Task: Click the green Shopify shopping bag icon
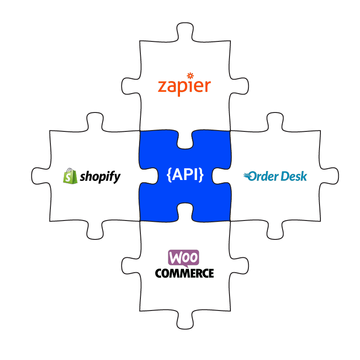coord(70,175)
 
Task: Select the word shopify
coord(100,176)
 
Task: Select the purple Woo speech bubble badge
coord(184,258)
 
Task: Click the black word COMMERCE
coord(184,273)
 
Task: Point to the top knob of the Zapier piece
coord(185,31)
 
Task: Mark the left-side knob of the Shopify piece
coord(39,175)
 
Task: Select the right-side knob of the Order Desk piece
coord(331,176)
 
